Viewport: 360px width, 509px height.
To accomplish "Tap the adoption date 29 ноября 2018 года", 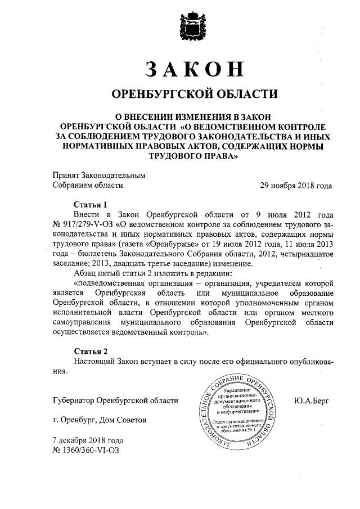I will coord(295,185).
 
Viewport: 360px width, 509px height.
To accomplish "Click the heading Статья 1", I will coord(91,205).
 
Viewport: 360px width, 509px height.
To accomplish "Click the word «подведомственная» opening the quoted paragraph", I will coord(110,283).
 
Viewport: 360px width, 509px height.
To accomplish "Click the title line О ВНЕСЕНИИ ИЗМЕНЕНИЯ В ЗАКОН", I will coord(193,115).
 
